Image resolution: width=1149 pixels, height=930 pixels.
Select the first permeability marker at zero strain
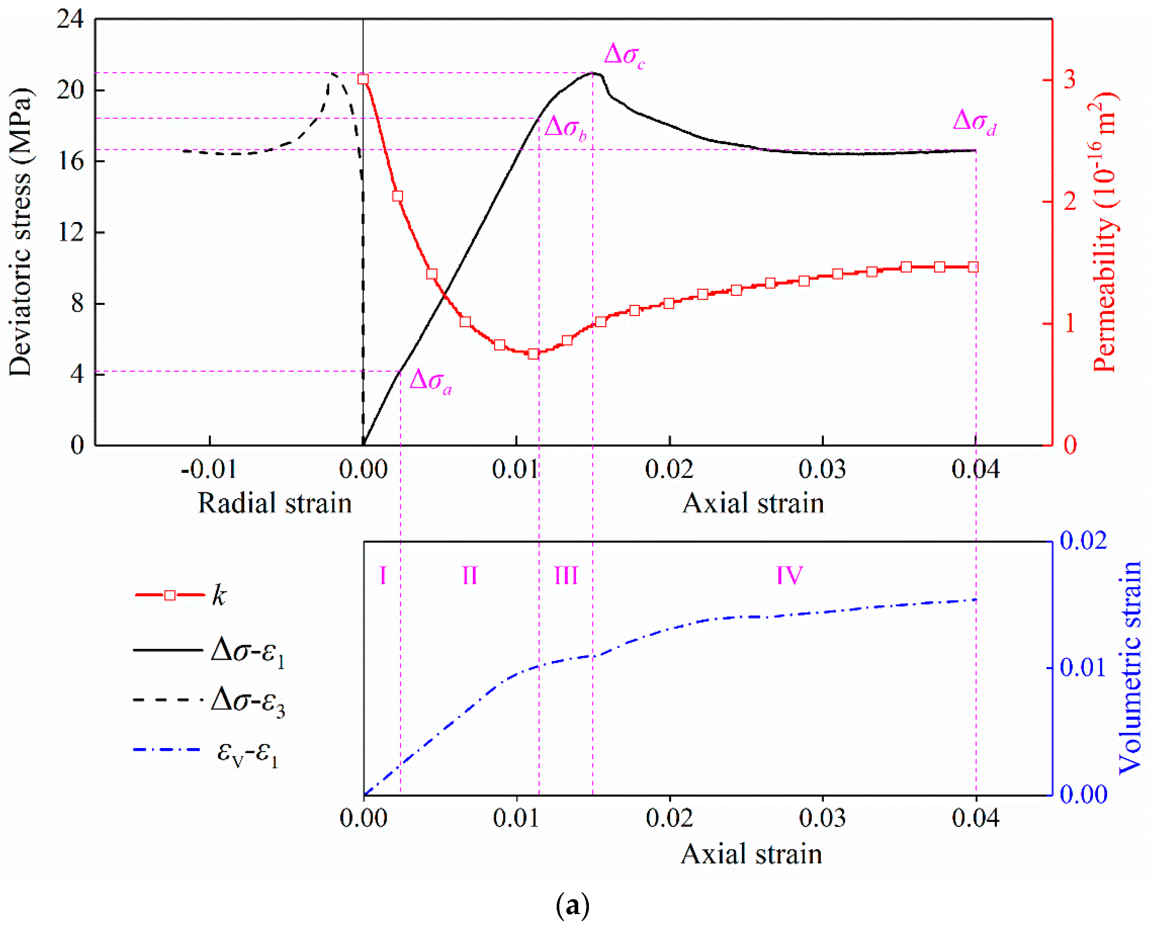363,79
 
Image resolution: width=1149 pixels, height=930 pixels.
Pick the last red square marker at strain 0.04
973,267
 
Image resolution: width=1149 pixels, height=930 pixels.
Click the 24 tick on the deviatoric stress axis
71,20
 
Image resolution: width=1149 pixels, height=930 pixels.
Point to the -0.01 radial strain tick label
209,470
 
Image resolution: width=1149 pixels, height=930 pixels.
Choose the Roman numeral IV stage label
789,576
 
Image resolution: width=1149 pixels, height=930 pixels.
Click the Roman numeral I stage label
383,576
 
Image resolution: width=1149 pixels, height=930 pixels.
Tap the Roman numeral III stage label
566,576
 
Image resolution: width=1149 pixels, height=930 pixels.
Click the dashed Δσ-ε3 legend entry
209,700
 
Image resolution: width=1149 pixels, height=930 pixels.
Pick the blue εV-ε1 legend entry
206,751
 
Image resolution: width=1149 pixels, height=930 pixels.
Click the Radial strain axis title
275,503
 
